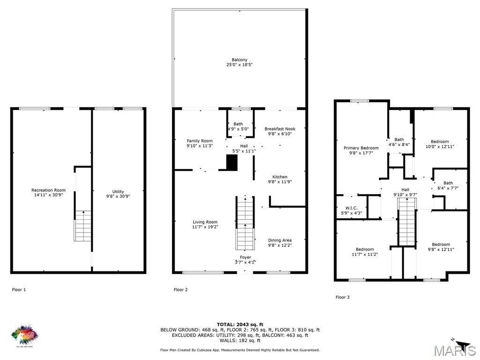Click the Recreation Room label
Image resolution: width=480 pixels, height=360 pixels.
coord(48,190)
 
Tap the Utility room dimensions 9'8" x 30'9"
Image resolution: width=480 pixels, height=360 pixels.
coord(118,196)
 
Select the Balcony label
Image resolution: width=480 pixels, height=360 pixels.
coord(240,60)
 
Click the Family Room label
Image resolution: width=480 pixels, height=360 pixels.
coord(200,141)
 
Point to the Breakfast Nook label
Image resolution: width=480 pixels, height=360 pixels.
coord(280,129)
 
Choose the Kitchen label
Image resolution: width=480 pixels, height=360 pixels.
coord(280,177)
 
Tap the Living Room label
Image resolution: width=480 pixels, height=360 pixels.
coord(205,222)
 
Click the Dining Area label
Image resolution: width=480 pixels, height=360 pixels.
coord(280,240)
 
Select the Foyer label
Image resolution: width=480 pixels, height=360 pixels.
coord(245,257)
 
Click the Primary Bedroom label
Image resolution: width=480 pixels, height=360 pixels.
coord(361,148)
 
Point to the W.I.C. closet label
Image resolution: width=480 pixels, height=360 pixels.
coord(351,208)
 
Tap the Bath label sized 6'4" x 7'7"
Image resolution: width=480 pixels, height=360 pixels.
coord(448,183)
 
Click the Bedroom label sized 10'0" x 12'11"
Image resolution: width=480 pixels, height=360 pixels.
coord(440,142)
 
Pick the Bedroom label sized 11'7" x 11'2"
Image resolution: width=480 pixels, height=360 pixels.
coord(365,249)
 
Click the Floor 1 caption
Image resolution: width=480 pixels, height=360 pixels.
coord(19,290)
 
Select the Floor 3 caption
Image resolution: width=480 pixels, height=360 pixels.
coord(342,297)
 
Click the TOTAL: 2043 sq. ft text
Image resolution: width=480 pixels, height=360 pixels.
coord(240,324)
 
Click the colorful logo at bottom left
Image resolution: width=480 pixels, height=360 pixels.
coord(25,334)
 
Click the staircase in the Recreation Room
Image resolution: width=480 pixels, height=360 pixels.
coord(83,226)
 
